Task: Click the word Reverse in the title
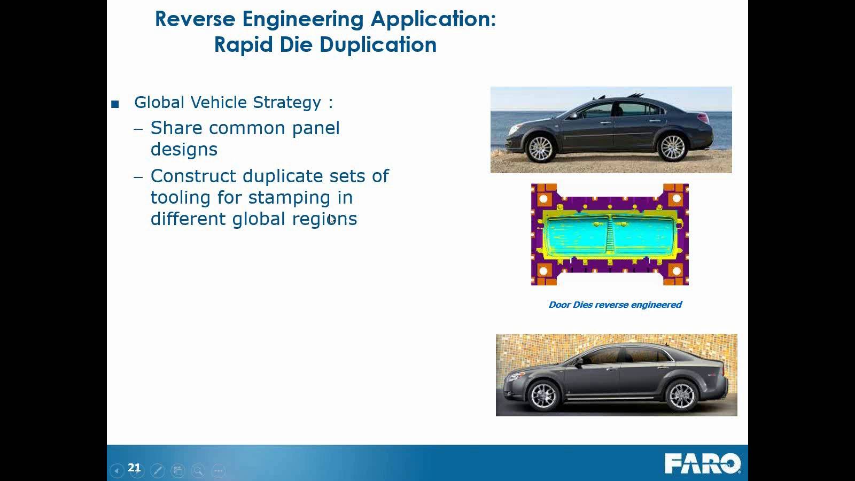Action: pos(195,19)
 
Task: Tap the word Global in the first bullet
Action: pos(159,102)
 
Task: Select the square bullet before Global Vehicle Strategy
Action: pos(115,104)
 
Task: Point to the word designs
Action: pos(184,150)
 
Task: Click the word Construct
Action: pos(193,176)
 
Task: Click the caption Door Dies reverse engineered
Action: pos(615,305)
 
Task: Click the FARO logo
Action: pos(702,463)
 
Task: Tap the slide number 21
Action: pos(134,468)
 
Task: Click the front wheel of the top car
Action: pos(540,148)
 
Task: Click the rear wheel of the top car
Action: pos(673,147)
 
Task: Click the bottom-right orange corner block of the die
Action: pos(676,271)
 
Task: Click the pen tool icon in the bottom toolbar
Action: pos(157,470)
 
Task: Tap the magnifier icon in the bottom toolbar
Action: pos(198,470)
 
